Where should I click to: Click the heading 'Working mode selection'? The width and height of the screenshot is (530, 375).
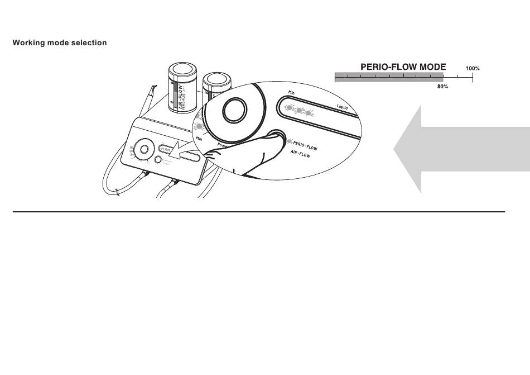(x=60, y=43)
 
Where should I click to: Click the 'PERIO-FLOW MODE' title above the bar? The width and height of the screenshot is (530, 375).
(x=403, y=67)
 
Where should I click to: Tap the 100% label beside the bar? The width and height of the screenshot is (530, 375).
(x=473, y=69)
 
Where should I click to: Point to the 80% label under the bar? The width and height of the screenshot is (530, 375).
(x=442, y=87)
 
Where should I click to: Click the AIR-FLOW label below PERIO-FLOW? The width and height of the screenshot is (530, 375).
(x=300, y=156)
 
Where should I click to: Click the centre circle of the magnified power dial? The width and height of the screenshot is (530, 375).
(x=233, y=110)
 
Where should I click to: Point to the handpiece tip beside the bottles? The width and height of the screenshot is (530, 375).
(x=152, y=88)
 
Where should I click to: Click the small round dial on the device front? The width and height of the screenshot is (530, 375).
(x=144, y=149)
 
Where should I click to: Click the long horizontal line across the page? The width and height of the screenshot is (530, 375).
(x=258, y=212)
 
